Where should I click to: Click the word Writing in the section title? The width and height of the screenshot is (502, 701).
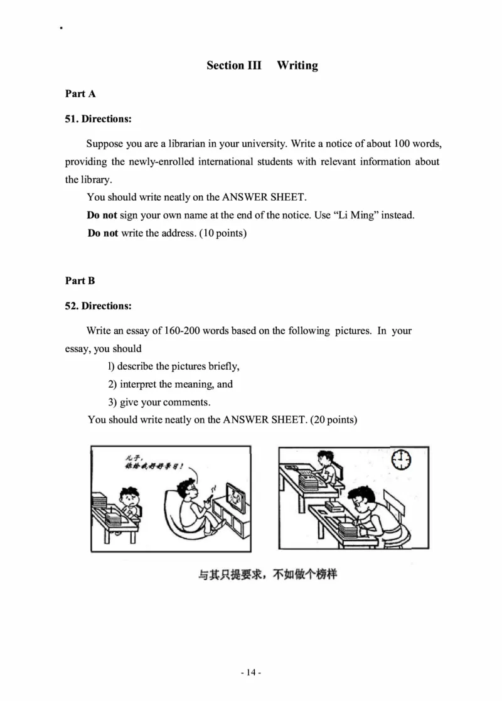[x=297, y=65]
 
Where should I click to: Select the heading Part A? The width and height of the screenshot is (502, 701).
[x=80, y=94]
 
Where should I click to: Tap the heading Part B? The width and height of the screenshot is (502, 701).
[x=80, y=281]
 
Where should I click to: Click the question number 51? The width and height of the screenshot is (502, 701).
[x=71, y=119]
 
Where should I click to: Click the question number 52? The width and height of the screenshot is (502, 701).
[x=71, y=306]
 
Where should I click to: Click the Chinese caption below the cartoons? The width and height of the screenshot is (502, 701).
[x=267, y=574]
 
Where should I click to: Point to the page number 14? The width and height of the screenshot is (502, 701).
[x=251, y=672]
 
